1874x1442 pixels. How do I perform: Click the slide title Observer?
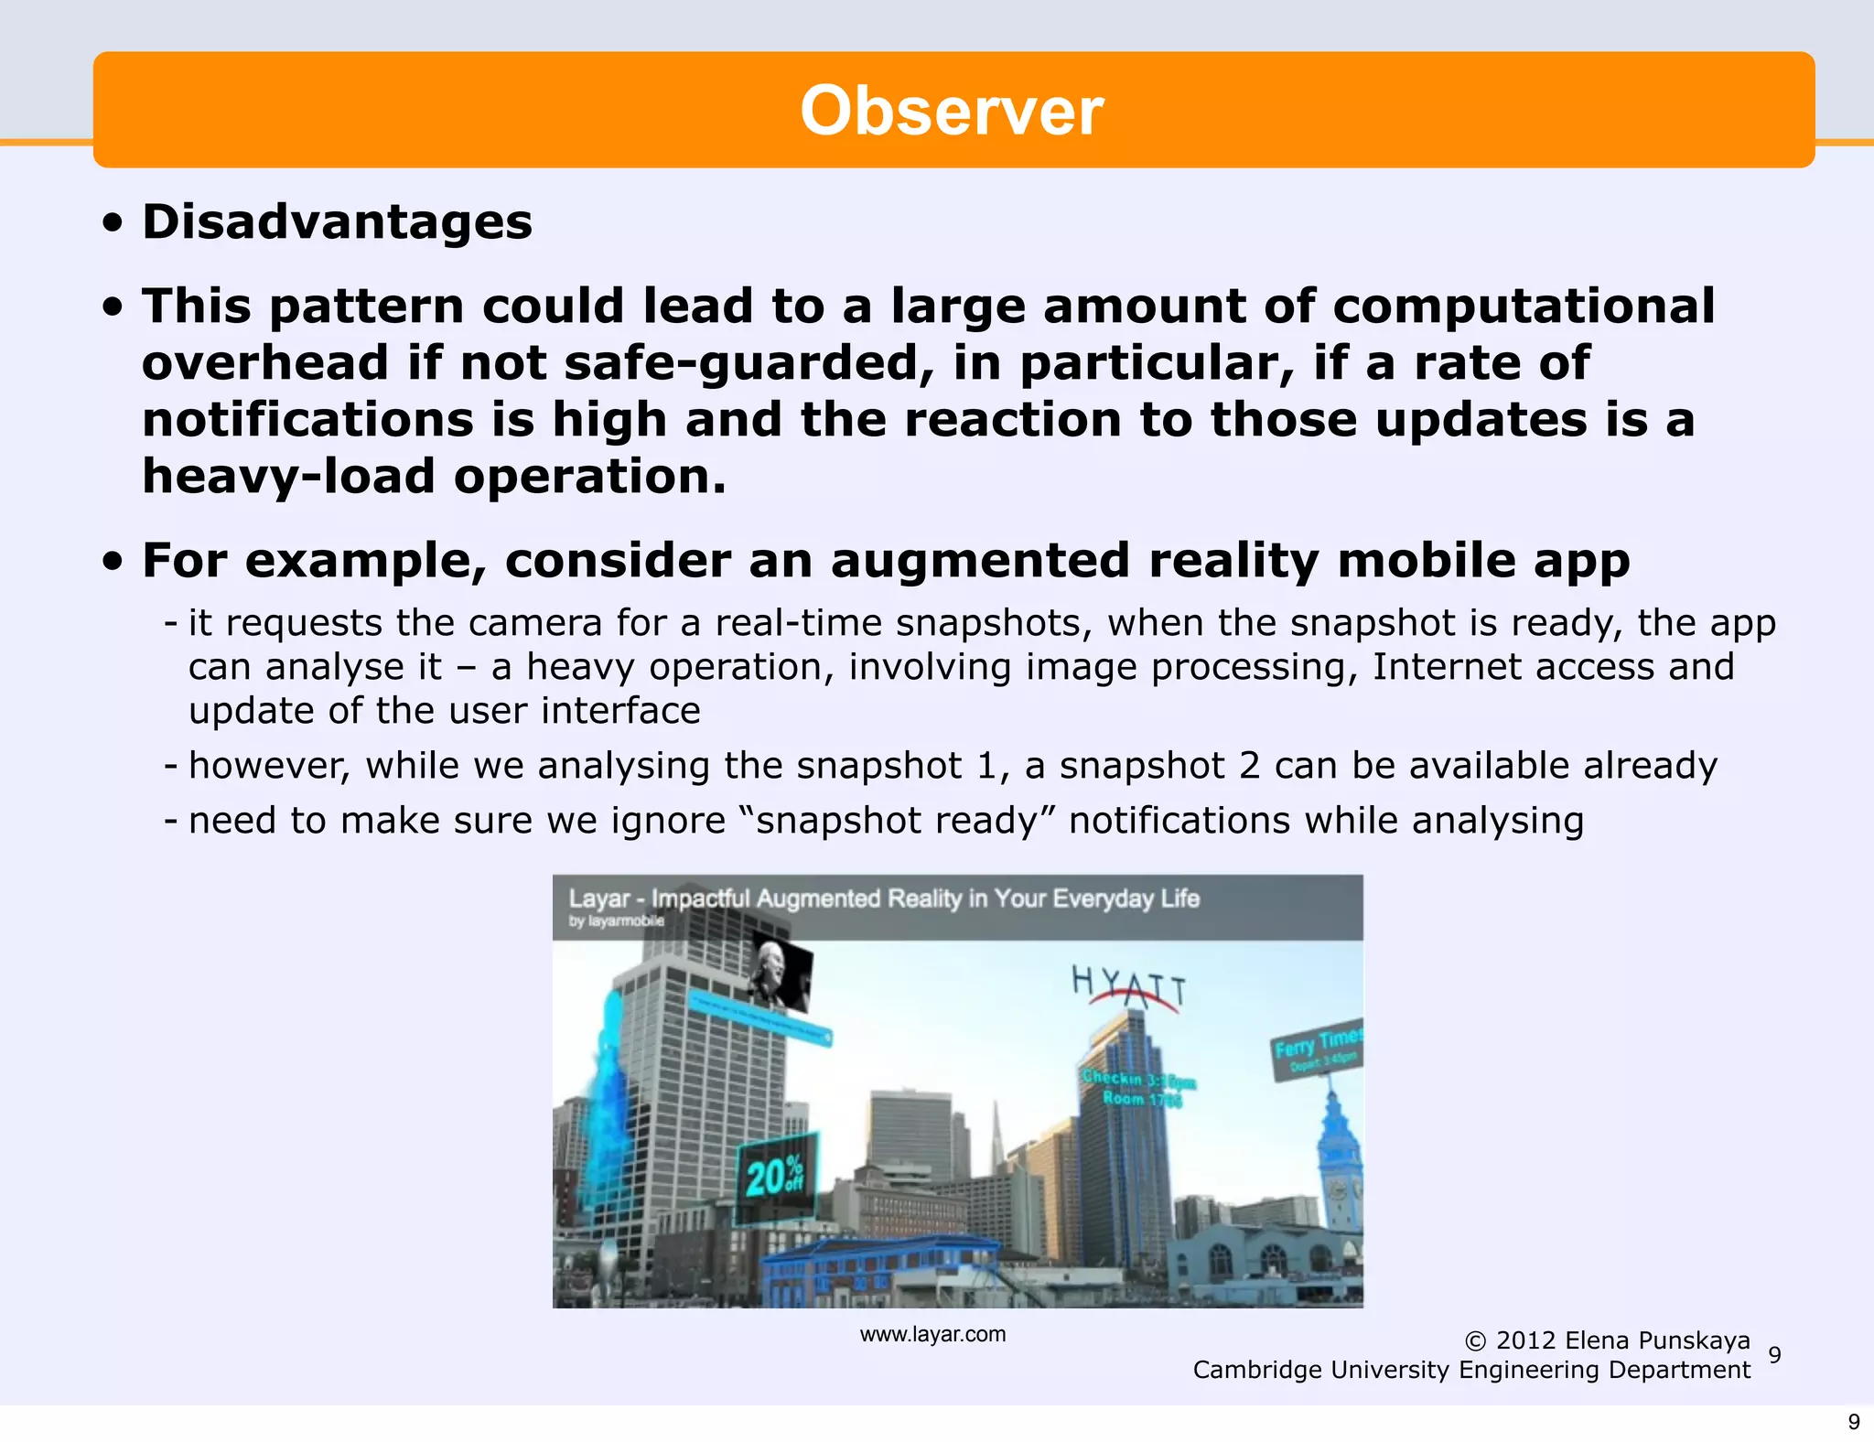(x=952, y=112)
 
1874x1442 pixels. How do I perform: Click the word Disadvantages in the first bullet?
(x=337, y=222)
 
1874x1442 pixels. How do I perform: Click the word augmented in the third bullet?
(x=980, y=560)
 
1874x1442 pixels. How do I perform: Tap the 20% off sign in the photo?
(x=775, y=1178)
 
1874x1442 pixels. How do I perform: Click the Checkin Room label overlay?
(x=1137, y=1089)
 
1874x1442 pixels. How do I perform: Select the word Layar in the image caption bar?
(x=598, y=899)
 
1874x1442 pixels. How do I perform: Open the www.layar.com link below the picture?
(x=932, y=1335)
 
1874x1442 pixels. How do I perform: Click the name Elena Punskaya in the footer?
(x=1657, y=1341)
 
